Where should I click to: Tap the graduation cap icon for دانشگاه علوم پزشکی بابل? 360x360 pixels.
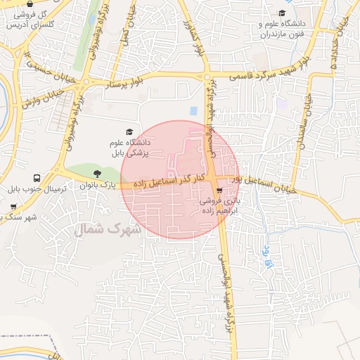(129, 131)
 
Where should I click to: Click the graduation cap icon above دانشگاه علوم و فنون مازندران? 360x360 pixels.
(283, 13)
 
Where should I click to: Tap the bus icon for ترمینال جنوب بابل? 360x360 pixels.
(36, 178)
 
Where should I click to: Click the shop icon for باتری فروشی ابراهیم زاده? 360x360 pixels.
(220, 190)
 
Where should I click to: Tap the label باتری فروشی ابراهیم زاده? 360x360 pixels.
(218, 205)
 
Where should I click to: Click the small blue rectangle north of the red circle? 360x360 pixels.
(193, 111)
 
